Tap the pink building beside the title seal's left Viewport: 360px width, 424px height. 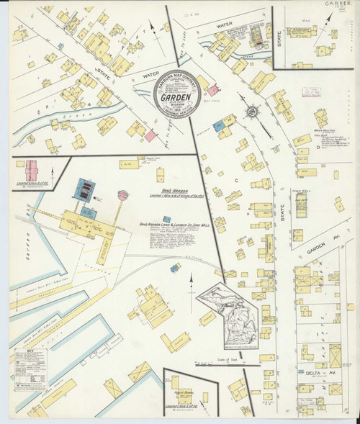coord(150,135)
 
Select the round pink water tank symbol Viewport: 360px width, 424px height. coord(122,195)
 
